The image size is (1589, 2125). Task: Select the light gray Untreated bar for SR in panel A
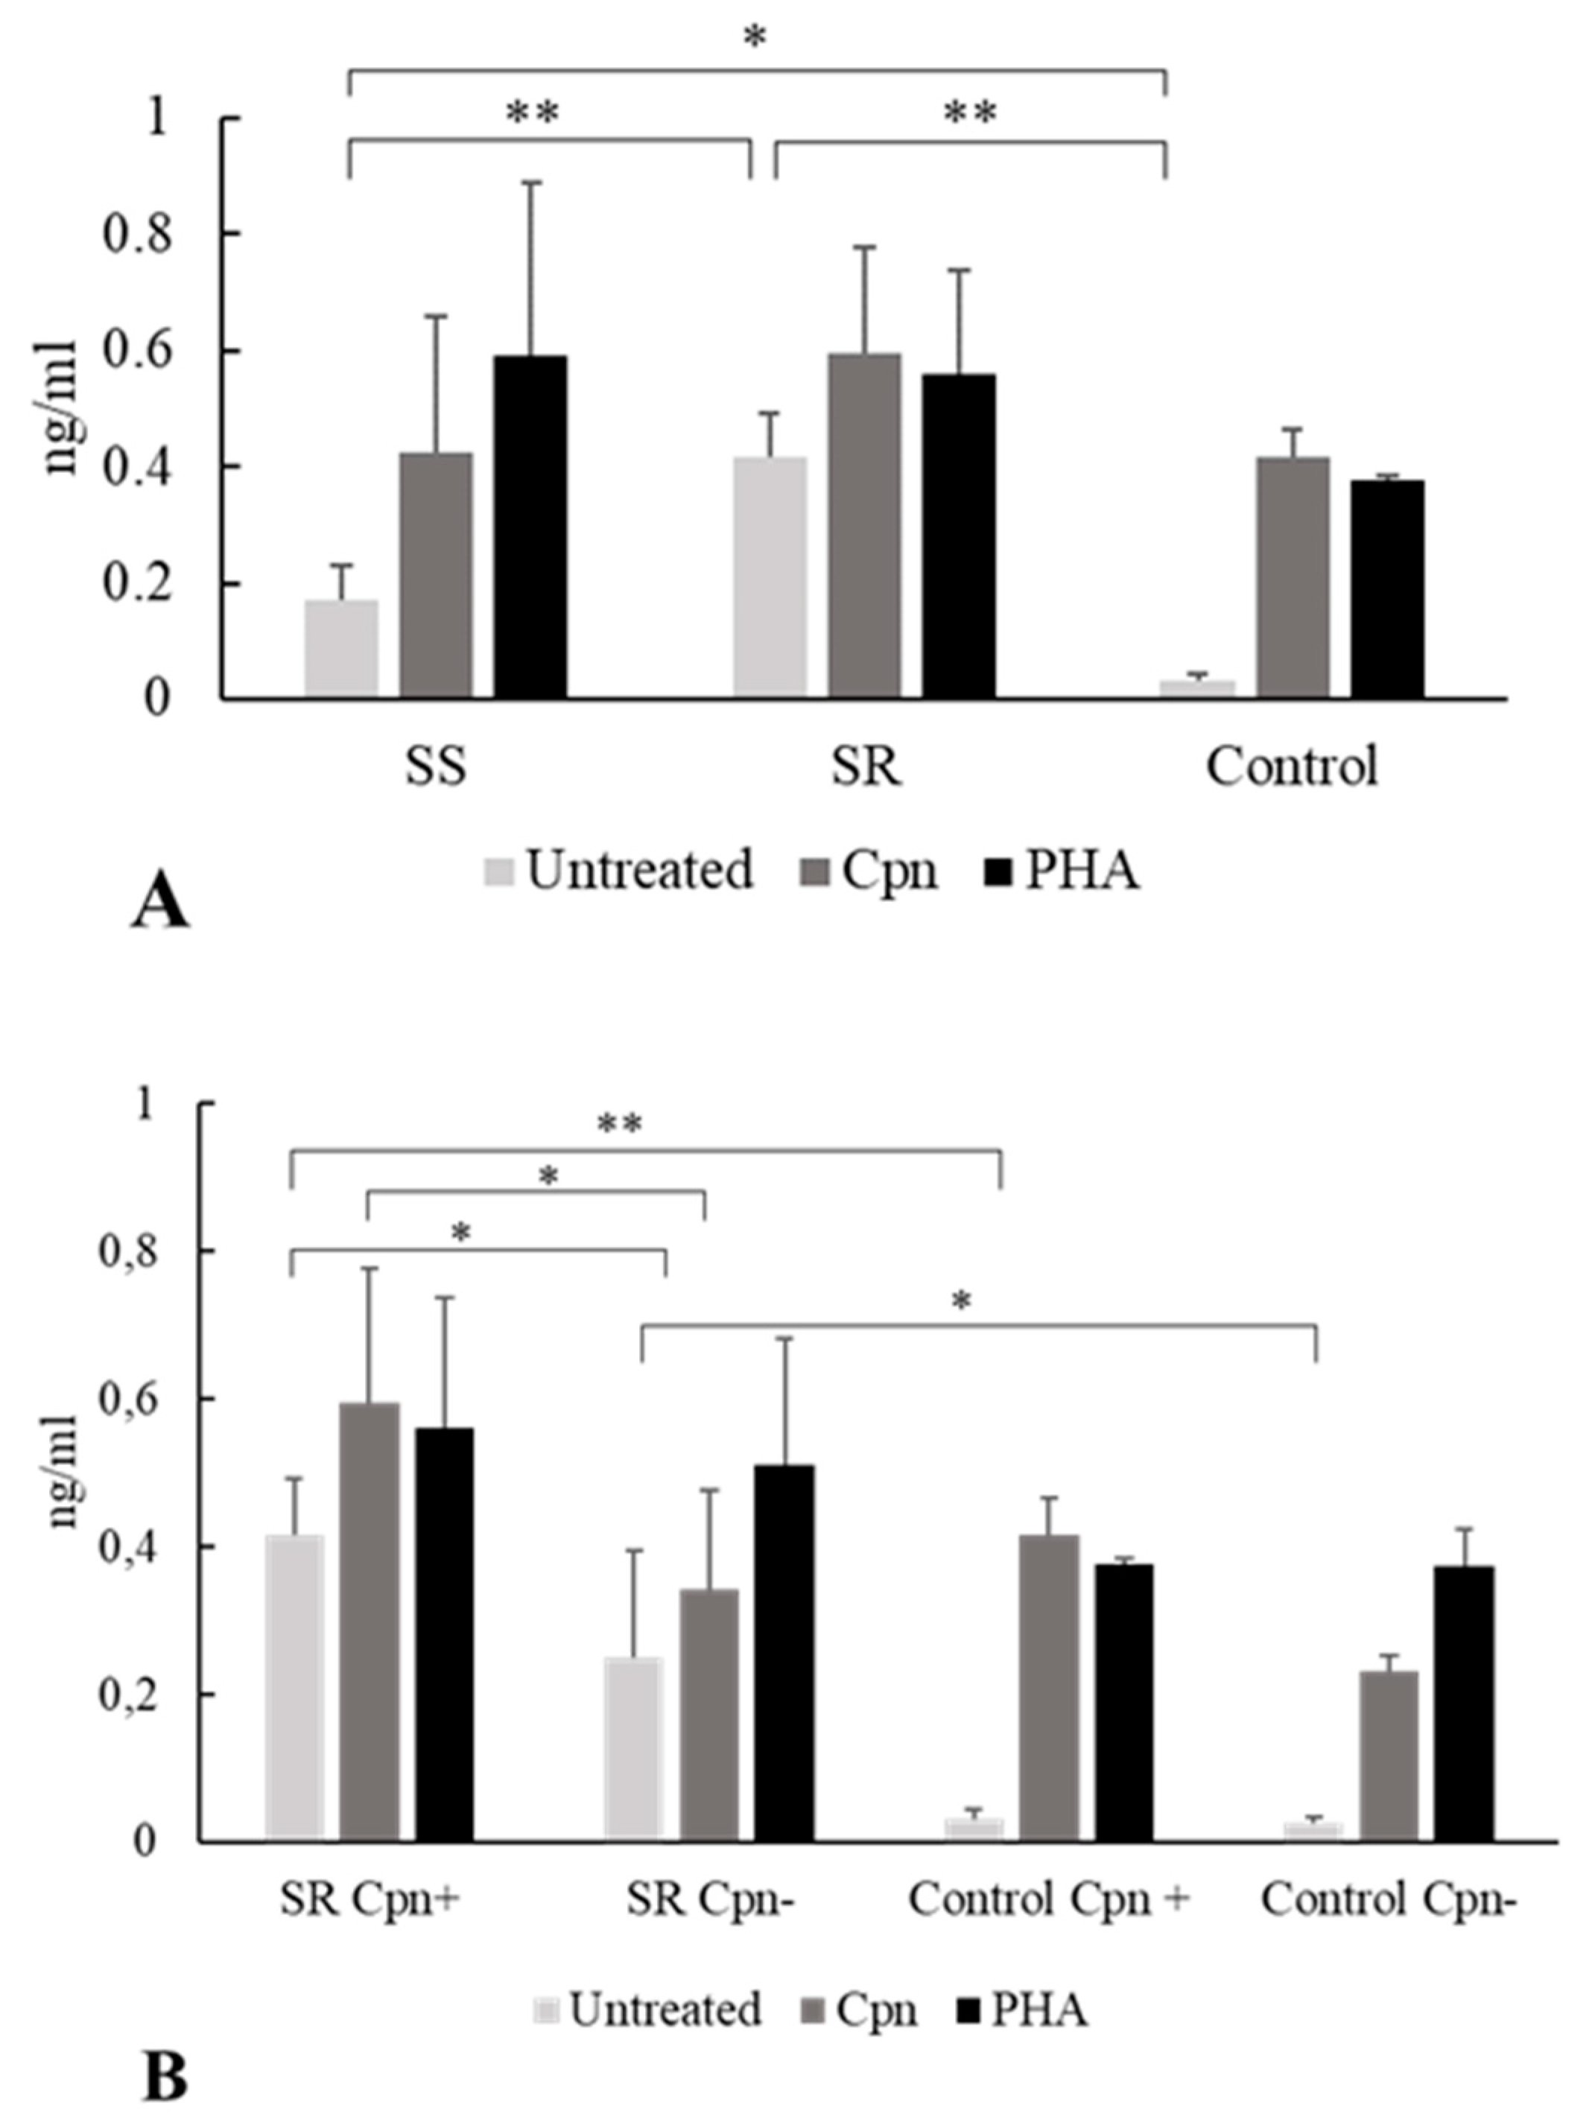tap(770, 576)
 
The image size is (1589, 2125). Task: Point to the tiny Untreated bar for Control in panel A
tap(1197, 687)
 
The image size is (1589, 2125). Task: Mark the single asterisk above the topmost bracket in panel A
tap(755, 39)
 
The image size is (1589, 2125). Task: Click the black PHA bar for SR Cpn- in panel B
tap(784, 1651)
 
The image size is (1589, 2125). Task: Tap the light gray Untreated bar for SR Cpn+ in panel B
tap(295, 1687)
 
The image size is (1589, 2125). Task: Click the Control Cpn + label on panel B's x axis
tap(1049, 1900)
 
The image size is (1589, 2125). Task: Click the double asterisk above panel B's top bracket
tap(620, 1124)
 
